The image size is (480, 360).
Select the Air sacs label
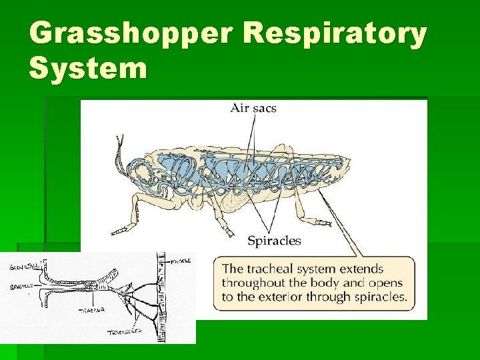coord(253,107)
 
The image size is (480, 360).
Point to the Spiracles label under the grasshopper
coord(274,241)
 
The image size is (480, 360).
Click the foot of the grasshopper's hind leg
coord(313,220)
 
